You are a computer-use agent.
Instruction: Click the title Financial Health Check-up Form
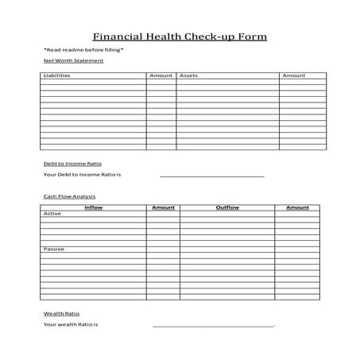pyautogui.click(x=180, y=37)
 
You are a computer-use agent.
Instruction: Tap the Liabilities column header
pyautogui.click(x=56, y=75)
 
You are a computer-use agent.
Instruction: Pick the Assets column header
pyautogui.click(x=188, y=75)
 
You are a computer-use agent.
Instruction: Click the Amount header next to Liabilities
pyautogui.click(x=161, y=75)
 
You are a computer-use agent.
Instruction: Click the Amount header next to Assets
pyautogui.click(x=293, y=75)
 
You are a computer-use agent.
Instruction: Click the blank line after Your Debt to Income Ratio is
pyautogui.click(x=211, y=176)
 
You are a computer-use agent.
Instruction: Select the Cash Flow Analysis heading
pyautogui.click(x=69, y=195)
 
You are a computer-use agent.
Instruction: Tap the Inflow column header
pyautogui.click(x=94, y=207)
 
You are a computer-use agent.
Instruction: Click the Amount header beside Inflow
pyautogui.click(x=163, y=207)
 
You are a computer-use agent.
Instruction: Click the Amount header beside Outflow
pyautogui.click(x=297, y=207)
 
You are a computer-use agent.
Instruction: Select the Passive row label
pyautogui.click(x=54, y=250)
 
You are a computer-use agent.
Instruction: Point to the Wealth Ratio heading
pyautogui.click(x=61, y=313)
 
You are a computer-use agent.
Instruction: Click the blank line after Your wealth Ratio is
pyautogui.click(x=213, y=326)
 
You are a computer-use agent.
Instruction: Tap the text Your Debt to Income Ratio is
pyautogui.click(x=87, y=175)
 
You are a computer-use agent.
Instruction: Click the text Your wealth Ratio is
pyautogui.click(x=71, y=325)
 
